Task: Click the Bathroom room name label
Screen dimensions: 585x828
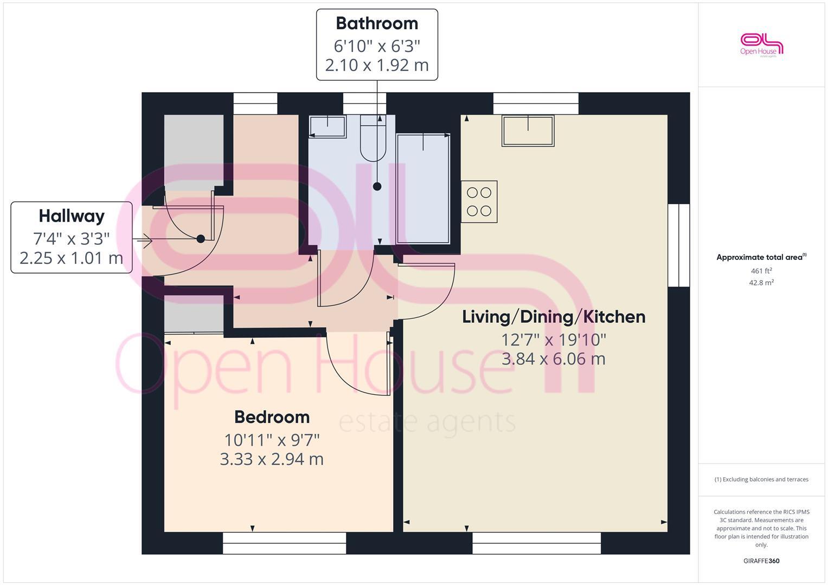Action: click(377, 23)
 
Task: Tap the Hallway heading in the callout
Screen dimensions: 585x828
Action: click(72, 216)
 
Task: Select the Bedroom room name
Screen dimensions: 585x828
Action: click(272, 417)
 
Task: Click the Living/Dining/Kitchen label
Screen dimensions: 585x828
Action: click(554, 317)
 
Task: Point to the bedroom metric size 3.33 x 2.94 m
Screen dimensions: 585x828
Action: click(272, 459)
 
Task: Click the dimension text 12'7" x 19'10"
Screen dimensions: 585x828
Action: click(554, 340)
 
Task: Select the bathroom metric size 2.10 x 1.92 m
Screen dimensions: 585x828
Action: click(377, 65)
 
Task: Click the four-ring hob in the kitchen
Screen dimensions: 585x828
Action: click(479, 201)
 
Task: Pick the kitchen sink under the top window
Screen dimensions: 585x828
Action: click(528, 131)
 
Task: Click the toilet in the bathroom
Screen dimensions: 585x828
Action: click(373, 138)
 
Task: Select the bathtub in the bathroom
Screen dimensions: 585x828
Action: click(423, 188)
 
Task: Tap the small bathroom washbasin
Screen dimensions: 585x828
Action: click(328, 127)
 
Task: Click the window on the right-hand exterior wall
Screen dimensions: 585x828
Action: click(678, 245)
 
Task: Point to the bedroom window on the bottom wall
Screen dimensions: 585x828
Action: click(284, 543)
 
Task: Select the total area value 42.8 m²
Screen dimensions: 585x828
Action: click(761, 282)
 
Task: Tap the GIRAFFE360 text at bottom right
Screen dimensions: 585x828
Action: click(761, 561)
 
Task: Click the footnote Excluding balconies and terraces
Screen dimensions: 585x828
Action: click(761, 479)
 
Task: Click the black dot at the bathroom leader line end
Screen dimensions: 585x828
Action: click(377, 186)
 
